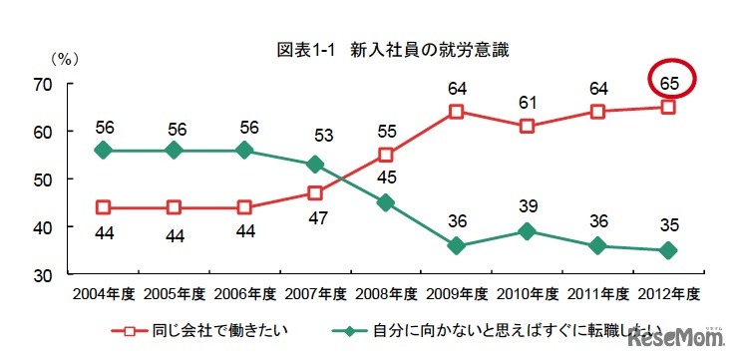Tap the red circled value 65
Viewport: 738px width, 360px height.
669,81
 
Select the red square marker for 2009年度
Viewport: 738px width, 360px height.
456,112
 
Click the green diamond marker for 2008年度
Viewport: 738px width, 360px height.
386,202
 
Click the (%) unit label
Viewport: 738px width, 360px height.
63,58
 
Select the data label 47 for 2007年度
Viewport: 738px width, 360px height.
316,216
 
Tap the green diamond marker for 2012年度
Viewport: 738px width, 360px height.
668,250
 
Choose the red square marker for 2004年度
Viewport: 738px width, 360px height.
104,207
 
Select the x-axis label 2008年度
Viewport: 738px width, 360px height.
386,294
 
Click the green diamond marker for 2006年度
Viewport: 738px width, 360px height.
245,150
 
